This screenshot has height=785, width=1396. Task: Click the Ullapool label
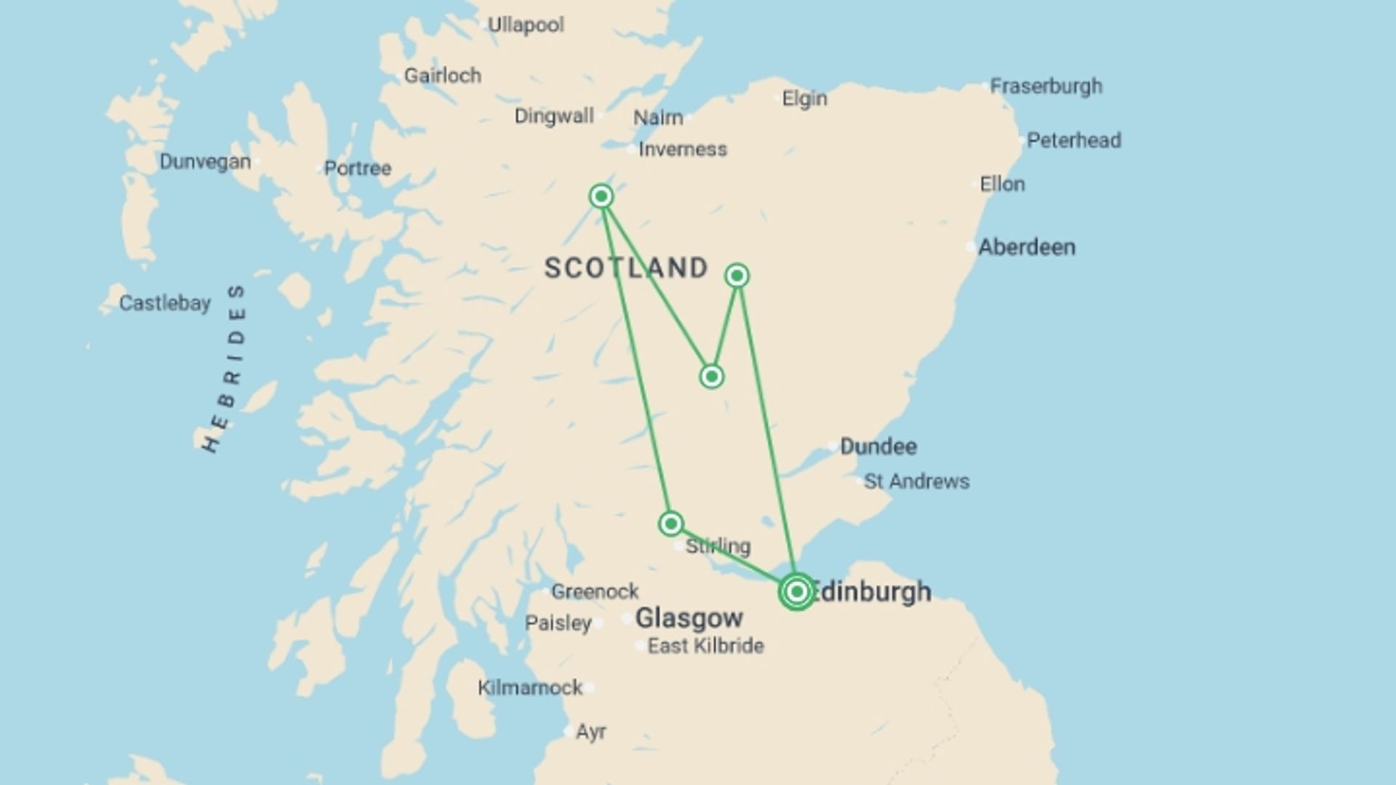point(525,25)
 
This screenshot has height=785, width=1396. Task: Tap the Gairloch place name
point(442,76)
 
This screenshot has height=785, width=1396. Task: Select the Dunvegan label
point(205,161)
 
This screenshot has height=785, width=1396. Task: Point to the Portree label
point(358,169)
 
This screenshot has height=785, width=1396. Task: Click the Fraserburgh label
point(1046,86)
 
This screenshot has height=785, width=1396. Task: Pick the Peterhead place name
point(1073,140)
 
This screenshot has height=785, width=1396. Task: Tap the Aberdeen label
point(1026,247)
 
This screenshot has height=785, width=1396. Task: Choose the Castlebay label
point(165,303)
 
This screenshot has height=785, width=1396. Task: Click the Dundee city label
point(878,446)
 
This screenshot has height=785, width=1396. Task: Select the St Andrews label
point(916,481)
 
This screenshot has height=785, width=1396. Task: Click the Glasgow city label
point(689,619)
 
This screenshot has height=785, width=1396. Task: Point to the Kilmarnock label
point(530,688)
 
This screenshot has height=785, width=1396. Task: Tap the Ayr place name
point(590,732)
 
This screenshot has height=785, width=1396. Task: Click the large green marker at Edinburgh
point(797,592)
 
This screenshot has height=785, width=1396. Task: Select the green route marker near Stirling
point(670,523)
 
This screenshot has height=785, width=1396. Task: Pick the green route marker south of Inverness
point(601,196)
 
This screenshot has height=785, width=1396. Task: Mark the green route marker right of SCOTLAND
point(737,275)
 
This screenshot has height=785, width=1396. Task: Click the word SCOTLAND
point(626,268)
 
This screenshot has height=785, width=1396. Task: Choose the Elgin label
point(804,99)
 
